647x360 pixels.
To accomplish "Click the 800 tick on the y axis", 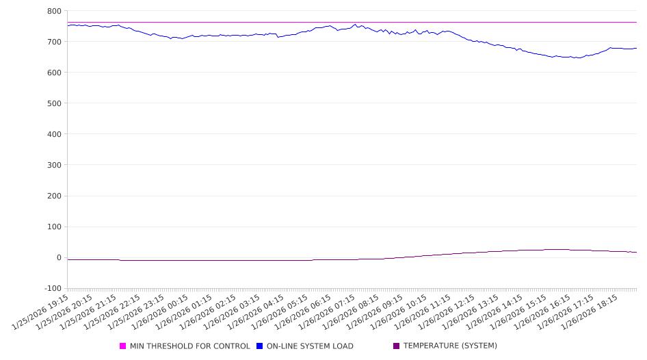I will [x=54, y=11].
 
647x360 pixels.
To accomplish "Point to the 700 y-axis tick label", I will [x=54, y=42].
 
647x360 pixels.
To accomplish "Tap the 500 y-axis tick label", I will [x=54, y=103].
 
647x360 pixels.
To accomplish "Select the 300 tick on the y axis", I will [x=54, y=165].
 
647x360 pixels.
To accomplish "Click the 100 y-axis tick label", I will [x=54, y=227].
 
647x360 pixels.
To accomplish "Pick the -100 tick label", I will [x=51, y=288].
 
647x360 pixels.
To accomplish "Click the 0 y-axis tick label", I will [x=59, y=257].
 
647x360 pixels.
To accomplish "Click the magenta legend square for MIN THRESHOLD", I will [x=123, y=346].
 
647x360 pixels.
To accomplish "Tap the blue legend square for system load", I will [x=260, y=346].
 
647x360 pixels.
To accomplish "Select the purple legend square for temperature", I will [x=396, y=346].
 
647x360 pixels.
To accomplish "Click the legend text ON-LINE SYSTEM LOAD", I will [x=310, y=346].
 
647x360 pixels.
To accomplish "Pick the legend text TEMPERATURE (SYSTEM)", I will [x=450, y=346].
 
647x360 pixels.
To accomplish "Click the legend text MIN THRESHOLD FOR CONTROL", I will [x=190, y=346].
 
